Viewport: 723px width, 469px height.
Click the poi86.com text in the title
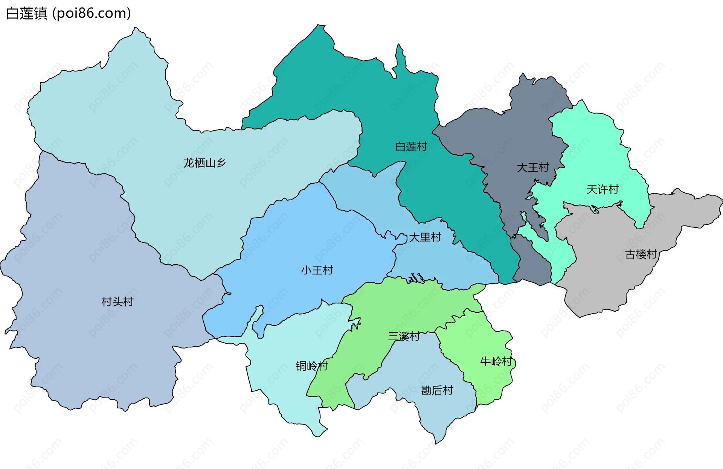click(92, 13)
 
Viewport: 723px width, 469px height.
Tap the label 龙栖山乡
click(204, 163)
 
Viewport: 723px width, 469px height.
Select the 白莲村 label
click(411, 147)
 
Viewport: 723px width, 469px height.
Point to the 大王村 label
click(533, 167)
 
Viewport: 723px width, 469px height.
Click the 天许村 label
click(602, 189)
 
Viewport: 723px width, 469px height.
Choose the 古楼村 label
click(641, 255)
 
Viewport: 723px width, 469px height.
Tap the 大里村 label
click(425, 238)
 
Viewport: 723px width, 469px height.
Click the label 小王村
click(317, 270)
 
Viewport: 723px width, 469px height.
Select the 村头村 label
click(117, 302)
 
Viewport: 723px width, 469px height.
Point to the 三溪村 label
click(404, 337)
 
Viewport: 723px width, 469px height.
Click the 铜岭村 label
click(312, 366)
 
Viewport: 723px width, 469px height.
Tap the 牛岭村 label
click(496, 362)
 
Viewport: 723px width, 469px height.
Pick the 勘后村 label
click(437, 390)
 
